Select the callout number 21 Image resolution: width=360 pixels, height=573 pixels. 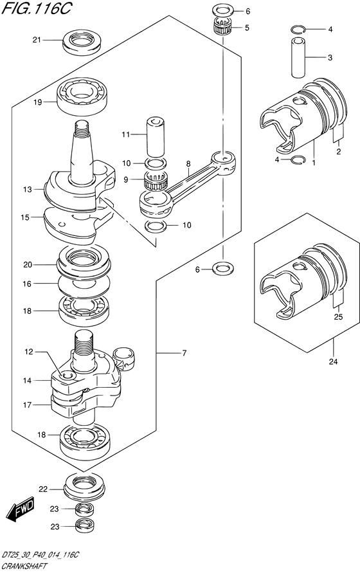pyautogui.click(x=37, y=40)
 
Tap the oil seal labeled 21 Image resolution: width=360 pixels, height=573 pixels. pyautogui.click(x=82, y=42)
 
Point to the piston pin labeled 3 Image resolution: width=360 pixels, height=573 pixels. pyautogui.click(x=298, y=57)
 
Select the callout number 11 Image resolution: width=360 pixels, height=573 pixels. pyautogui.click(x=126, y=135)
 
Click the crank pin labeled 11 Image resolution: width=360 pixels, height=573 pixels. pyautogui.click(x=156, y=136)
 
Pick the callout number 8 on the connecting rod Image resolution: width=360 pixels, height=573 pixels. pyautogui.click(x=188, y=164)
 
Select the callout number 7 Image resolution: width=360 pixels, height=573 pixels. pyautogui.click(x=184, y=353)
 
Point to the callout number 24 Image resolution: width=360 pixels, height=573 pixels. pyautogui.click(x=333, y=362)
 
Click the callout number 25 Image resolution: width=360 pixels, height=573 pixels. pyautogui.click(x=338, y=317)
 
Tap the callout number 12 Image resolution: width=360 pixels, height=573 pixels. pyautogui.click(x=29, y=352)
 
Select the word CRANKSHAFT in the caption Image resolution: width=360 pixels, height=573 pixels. pyautogui.click(x=24, y=567)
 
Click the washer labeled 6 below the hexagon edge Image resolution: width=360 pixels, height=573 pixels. pyautogui.click(x=223, y=269)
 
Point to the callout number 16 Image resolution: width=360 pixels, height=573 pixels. pyautogui.click(x=27, y=284)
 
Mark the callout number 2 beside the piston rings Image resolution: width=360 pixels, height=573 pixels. pyautogui.click(x=338, y=152)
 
